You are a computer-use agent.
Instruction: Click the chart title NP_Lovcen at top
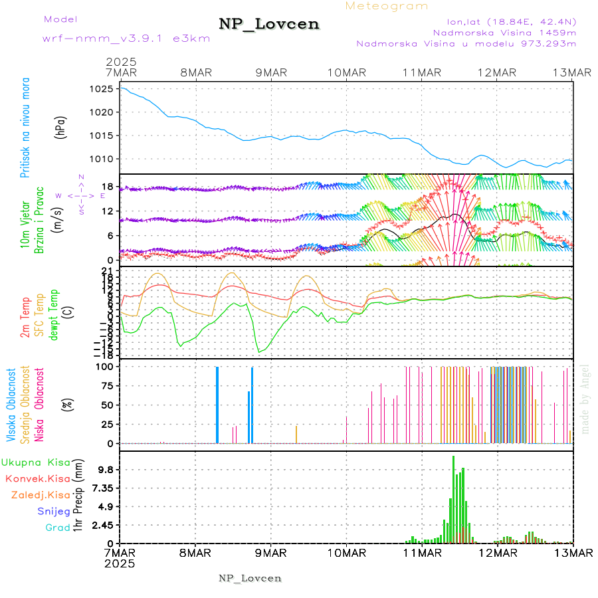tap(269, 25)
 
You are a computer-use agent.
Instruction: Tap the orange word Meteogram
tap(387, 6)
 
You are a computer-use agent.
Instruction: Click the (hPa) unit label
tap(62, 127)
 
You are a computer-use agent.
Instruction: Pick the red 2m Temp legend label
tap(25, 318)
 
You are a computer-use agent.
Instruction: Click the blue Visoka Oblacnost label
tap(11, 405)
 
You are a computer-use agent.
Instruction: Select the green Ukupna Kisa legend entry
tap(35, 462)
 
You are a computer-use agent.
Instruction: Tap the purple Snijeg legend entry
tap(52, 512)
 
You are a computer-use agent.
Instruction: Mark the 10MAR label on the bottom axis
tap(346, 553)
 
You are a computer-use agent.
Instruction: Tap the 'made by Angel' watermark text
tap(585, 399)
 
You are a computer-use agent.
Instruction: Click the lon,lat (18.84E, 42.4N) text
tap(503, 21)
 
